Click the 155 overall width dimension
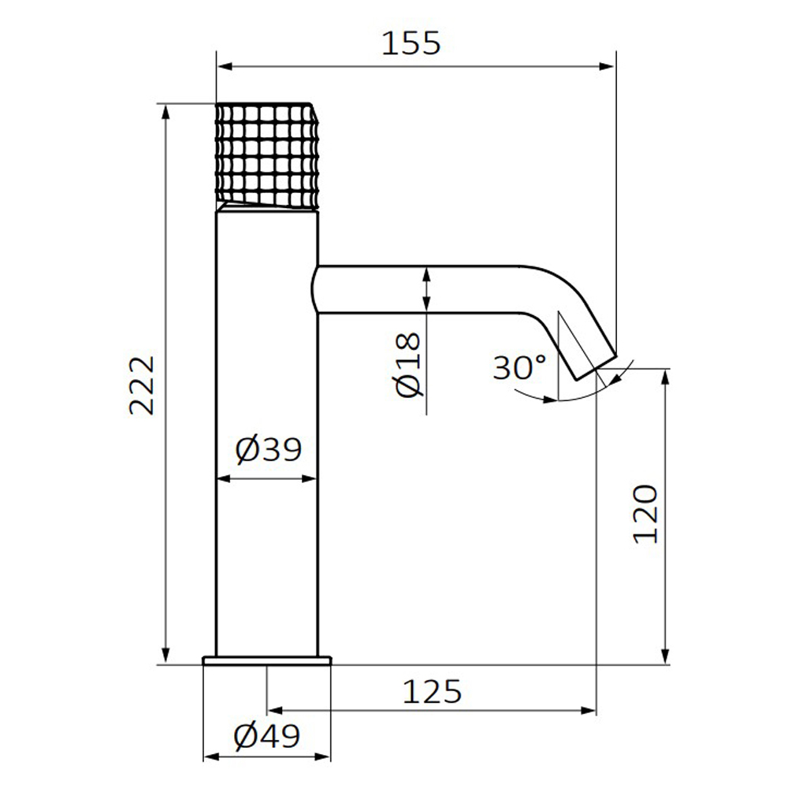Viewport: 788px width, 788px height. pos(411,43)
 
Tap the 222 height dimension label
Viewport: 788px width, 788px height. pos(141,385)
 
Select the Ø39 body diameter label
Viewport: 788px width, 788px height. pos(269,449)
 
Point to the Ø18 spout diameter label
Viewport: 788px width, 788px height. pos(407,365)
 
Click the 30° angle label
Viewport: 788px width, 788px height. pos(519,367)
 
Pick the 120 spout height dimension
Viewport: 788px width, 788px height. pos(645,514)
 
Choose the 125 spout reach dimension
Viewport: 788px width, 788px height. pos(432,692)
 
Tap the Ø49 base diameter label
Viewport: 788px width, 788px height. pos(267,736)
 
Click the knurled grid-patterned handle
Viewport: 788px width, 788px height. pos(267,156)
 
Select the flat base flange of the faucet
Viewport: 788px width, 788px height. pos(267,660)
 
